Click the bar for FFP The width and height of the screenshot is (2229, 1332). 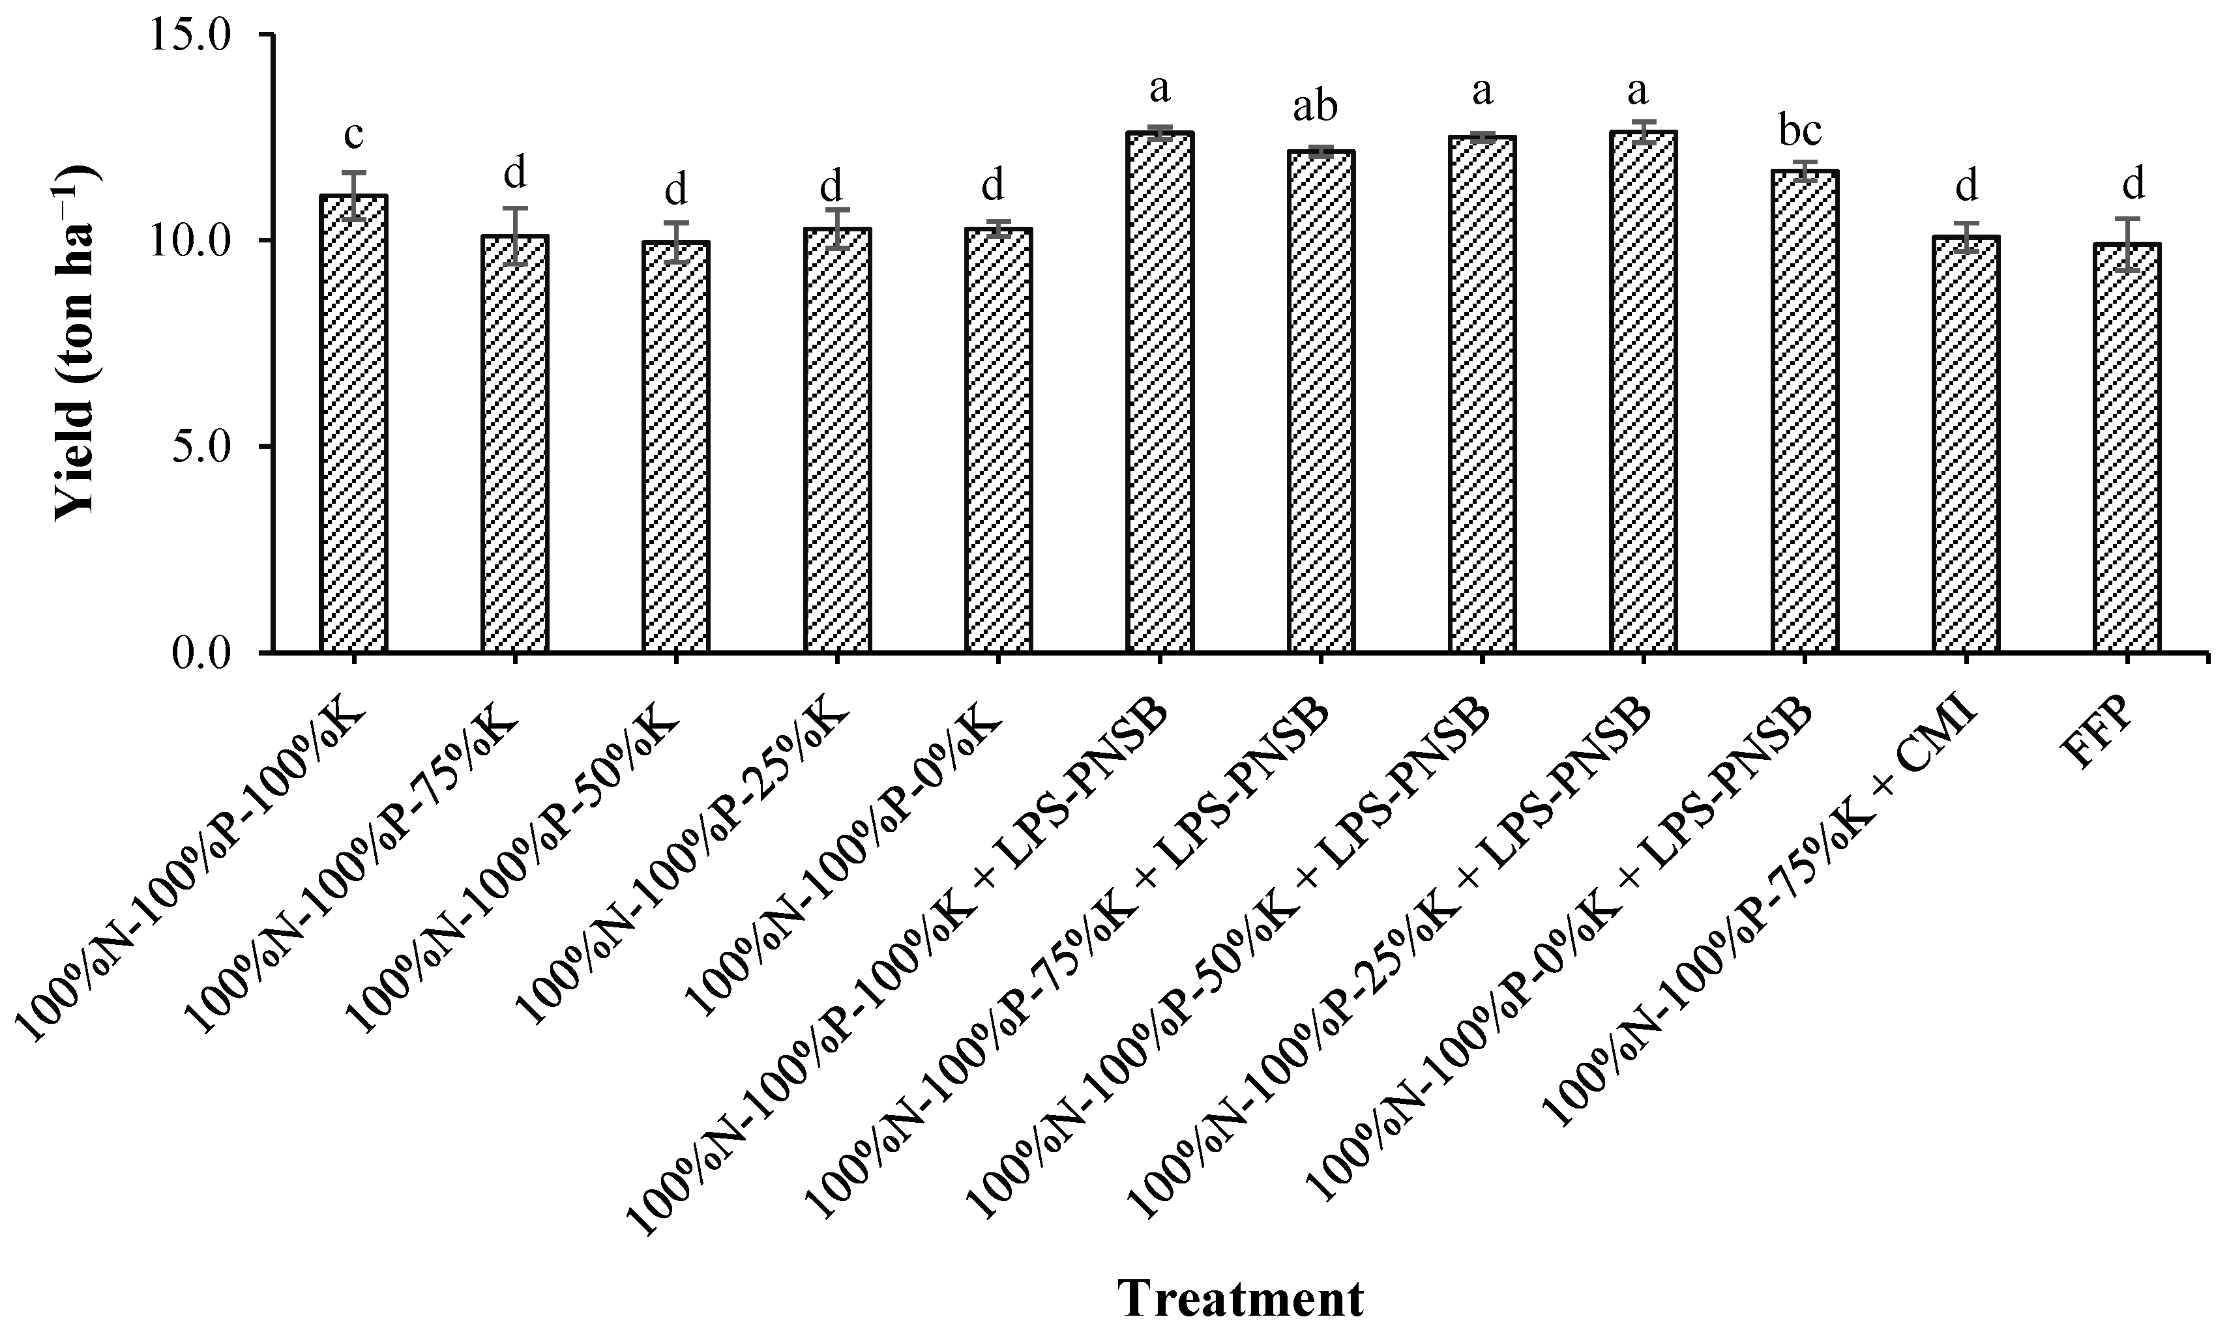tap(2127, 449)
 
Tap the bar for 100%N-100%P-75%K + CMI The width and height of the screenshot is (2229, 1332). tap(1966, 444)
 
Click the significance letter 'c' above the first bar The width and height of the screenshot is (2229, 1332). tap(354, 135)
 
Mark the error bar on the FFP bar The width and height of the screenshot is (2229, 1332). tap(2127, 243)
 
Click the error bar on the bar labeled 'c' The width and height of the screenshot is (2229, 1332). tap(354, 195)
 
